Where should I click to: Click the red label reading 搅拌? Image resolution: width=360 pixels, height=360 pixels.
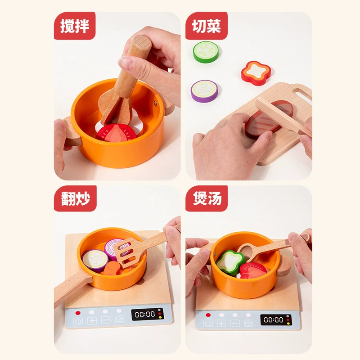click(75, 26)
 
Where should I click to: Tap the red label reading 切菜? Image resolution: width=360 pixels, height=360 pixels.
click(207, 26)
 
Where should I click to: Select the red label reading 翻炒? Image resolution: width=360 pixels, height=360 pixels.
click(75, 198)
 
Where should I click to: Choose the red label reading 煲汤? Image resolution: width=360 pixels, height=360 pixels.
click(207, 198)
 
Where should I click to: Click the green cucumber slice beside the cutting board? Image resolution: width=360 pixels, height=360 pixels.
click(206, 52)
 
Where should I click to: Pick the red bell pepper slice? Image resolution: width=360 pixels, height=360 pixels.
click(256, 73)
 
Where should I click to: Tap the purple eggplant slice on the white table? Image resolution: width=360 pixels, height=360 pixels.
click(204, 91)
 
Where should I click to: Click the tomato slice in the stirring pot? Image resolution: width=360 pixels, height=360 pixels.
click(116, 133)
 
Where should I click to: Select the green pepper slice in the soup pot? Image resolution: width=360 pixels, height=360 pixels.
click(230, 262)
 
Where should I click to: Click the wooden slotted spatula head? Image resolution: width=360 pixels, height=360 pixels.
click(127, 252)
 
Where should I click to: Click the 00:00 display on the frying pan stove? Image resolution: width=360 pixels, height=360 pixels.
click(145, 314)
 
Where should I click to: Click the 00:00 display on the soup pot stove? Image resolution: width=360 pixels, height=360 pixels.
click(274, 319)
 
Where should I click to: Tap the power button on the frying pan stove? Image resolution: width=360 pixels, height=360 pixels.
click(78, 321)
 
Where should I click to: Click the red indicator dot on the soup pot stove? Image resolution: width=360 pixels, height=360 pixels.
click(208, 315)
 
